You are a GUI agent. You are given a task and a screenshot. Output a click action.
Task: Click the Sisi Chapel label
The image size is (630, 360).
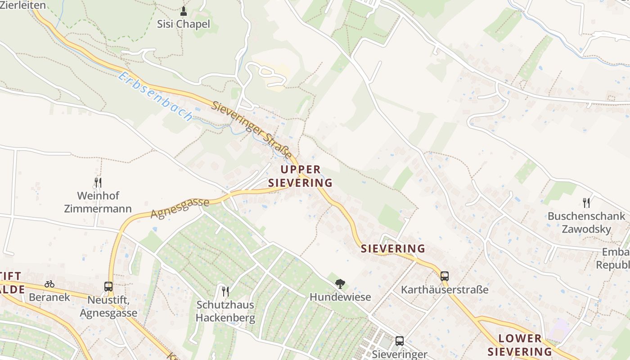[x=183, y=24]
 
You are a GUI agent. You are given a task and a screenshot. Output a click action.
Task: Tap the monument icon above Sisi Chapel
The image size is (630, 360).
[x=183, y=10]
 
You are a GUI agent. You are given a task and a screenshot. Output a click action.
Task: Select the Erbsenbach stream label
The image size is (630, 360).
[x=155, y=96]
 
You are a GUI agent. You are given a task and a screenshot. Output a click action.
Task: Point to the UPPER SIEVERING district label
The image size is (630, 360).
[x=301, y=176]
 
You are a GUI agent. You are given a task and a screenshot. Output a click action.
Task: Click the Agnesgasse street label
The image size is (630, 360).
[x=180, y=208]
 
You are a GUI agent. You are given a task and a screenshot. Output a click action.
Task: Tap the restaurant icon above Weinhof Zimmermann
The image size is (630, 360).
[x=98, y=182]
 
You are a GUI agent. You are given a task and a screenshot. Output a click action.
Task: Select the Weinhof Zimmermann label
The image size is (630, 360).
[x=98, y=202]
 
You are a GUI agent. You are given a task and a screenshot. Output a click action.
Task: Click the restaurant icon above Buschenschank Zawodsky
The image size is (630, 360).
[x=586, y=202]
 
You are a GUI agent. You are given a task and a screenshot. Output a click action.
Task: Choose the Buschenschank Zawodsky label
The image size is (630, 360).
[x=586, y=222]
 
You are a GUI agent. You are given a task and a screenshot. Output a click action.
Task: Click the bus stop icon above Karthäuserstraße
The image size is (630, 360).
[x=445, y=276]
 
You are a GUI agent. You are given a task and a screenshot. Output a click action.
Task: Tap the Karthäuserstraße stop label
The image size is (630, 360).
[x=445, y=289]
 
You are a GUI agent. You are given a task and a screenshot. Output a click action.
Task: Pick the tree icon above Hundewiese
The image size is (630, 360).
[x=340, y=283]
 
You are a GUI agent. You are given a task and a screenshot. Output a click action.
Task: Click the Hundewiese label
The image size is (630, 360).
[x=340, y=297]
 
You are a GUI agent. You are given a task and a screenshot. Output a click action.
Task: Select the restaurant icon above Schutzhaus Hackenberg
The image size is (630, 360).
[x=225, y=291]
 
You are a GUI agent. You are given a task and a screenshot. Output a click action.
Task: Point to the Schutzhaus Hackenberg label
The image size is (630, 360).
[x=225, y=311]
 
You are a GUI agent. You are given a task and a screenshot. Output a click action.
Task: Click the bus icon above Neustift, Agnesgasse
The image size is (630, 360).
[x=108, y=286]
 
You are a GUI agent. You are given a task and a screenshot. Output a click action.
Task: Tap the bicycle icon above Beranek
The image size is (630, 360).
[x=49, y=284]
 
